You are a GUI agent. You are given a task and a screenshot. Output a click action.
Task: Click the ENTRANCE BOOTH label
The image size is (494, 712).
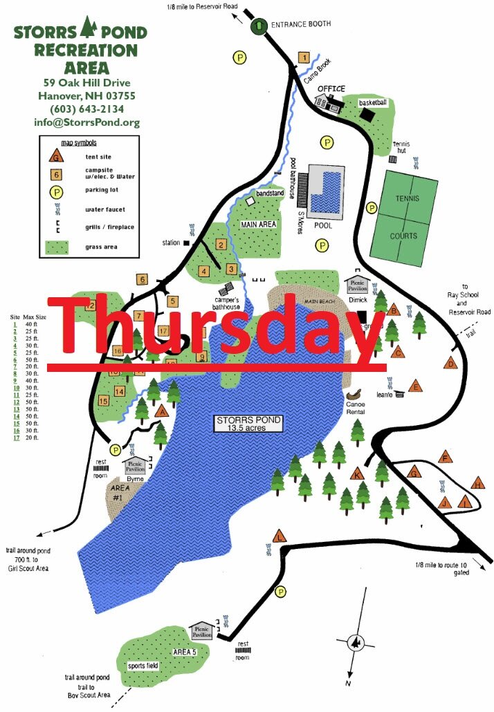[x=301, y=24]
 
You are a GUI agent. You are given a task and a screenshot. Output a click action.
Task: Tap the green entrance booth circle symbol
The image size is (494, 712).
[x=258, y=26]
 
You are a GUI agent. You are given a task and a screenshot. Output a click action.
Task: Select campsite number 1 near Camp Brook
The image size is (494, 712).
[x=304, y=57]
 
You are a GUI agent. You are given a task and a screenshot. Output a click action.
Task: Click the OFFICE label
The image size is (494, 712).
[x=331, y=90]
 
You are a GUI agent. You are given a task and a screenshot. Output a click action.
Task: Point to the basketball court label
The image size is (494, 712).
[x=372, y=103]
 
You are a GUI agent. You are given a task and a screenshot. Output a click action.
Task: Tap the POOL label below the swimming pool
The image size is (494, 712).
[x=323, y=225]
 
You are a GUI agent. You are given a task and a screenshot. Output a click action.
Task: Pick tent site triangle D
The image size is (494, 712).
[x=451, y=364]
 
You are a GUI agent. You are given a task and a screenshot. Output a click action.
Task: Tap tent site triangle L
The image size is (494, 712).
[x=280, y=537]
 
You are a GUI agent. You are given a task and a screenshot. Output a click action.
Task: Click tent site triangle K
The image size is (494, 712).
[x=356, y=474]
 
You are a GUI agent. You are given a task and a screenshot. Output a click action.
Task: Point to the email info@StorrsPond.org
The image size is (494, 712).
[x=86, y=123]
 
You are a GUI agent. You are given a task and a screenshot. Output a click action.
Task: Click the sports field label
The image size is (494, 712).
[x=143, y=666]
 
